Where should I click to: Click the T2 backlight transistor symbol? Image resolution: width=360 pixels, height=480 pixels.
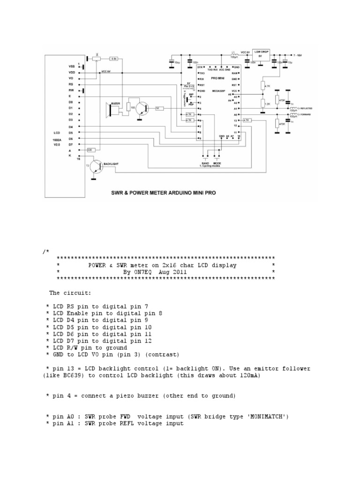pos(97,167)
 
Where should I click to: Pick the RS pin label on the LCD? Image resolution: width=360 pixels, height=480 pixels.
pos(71,84)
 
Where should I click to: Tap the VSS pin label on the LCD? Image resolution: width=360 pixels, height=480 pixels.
pos(71,67)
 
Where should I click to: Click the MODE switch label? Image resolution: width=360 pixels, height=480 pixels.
pos(217,163)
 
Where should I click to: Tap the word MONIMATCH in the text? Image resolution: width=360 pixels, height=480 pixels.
pos(267,416)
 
